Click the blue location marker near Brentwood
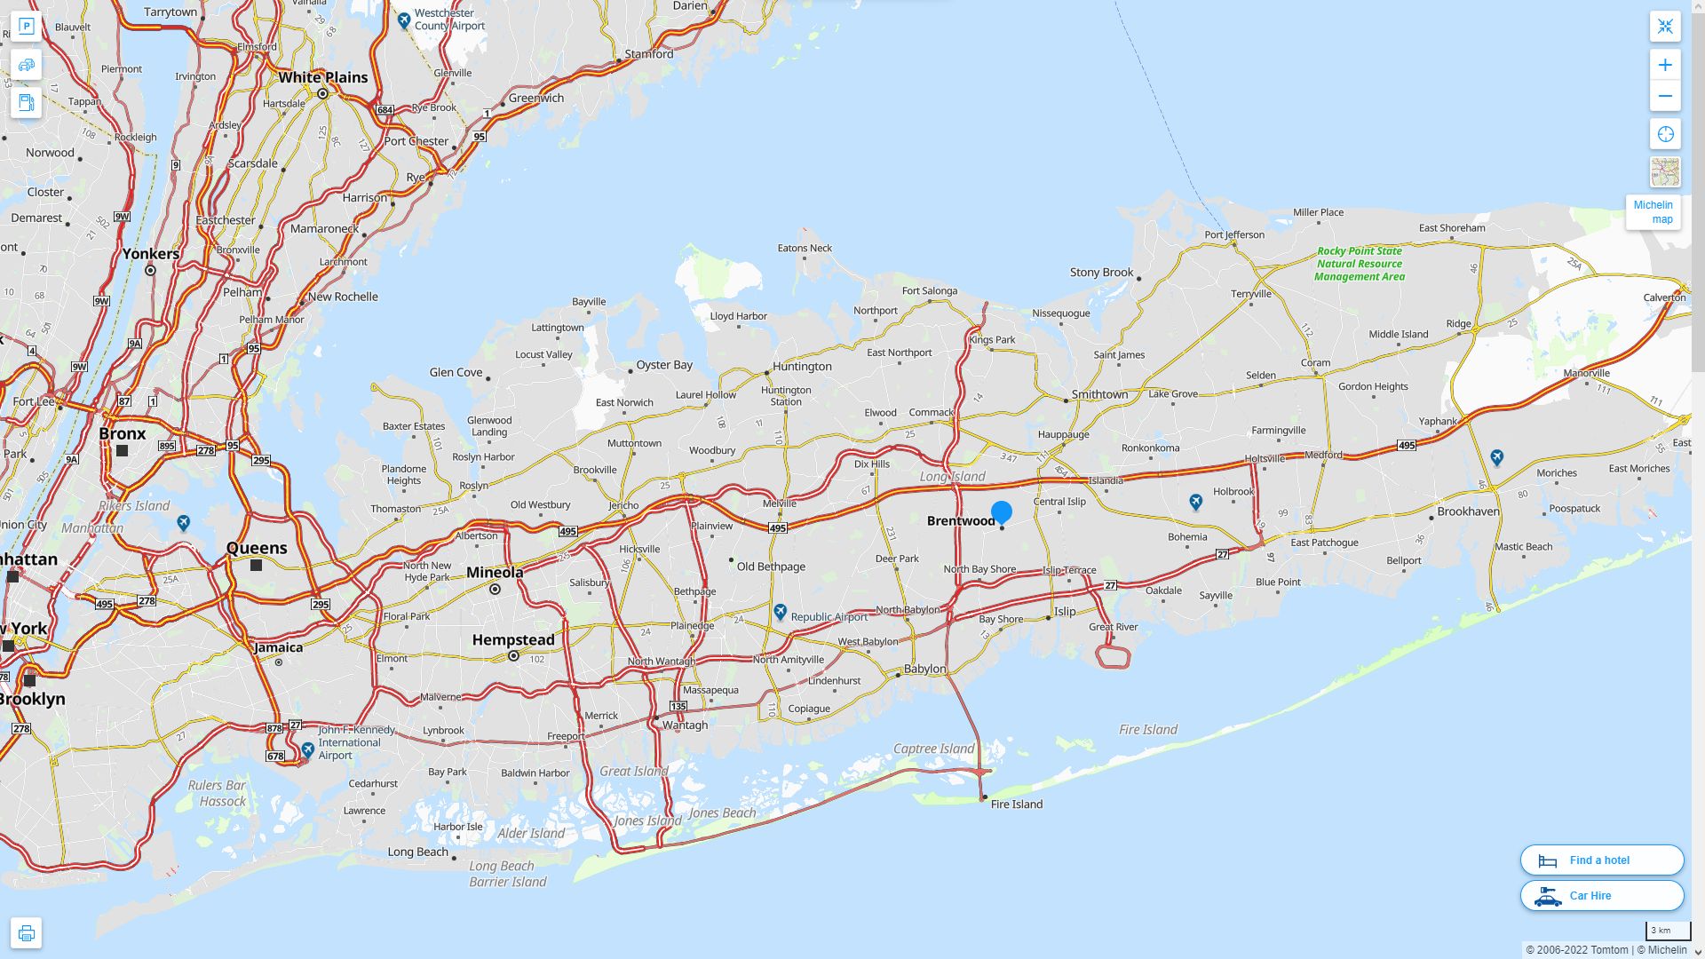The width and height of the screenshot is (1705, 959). pyautogui.click(x=1001, y=511)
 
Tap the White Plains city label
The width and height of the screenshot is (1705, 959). pyautogui.click(x=322, y=77)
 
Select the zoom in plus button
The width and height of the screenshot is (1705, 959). pyautogui.click(x=1665, y=65)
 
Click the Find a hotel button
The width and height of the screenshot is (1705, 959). pyautogui.click(x=1601, y=860)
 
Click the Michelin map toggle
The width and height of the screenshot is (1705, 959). pyautogui.click(x=1653, y=212)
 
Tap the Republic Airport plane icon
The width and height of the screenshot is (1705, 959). pyautogui.click(x=780, y=612)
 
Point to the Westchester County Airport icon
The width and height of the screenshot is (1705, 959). pyautogui.click(x=404, y=19)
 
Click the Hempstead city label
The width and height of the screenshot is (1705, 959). pyautogui.click(x=512, y=639)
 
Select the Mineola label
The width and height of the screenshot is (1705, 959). pyautogui.click(x=495, y=572)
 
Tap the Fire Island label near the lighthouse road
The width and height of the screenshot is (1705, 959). pyautogui.click(x=1016, y=804)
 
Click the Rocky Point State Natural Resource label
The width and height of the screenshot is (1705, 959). pyautogui.click(x=1359, y=264)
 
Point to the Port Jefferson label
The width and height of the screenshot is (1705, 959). pyautogui.click(x=1233, y=234)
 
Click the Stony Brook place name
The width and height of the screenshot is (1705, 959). pyautogui.click(x=1101, y=272)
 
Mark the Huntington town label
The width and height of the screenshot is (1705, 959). pyautogui.click(x=802, y=366)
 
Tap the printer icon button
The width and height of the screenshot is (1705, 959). pyautogui.click(x=26, y=932)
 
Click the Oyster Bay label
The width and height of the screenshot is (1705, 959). pyautogui.click(x=663, y=365)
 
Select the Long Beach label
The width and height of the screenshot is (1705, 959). pyautogui.click(x=417, y=852)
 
